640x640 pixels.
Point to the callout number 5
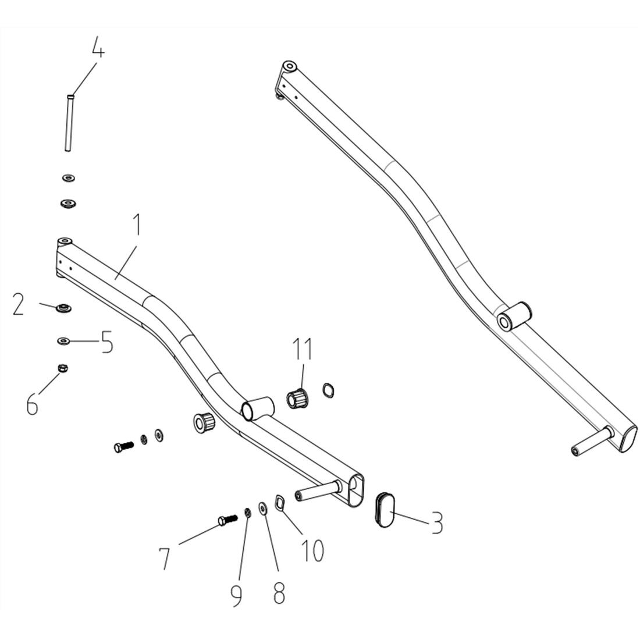click(106, 343)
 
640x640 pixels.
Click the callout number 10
click(312, 550)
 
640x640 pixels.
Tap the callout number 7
click(165, 558)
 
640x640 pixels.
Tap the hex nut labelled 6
click(62, 368)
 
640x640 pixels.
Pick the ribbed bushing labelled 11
click(298, 399)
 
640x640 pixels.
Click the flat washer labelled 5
click(62, 340)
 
